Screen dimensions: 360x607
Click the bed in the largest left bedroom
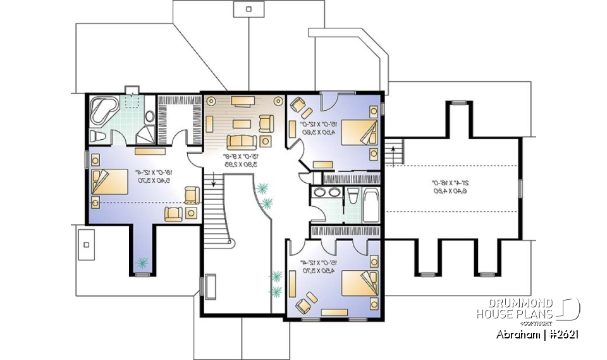(109, 180)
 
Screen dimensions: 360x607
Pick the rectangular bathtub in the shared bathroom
(371, 206)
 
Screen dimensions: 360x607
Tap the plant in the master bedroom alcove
(143, 262)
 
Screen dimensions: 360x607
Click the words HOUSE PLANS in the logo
(515, 314)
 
